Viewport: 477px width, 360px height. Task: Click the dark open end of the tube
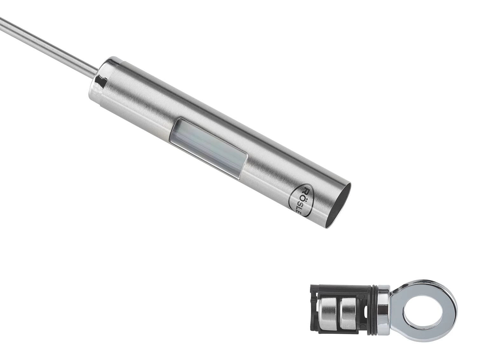(340, 205)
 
